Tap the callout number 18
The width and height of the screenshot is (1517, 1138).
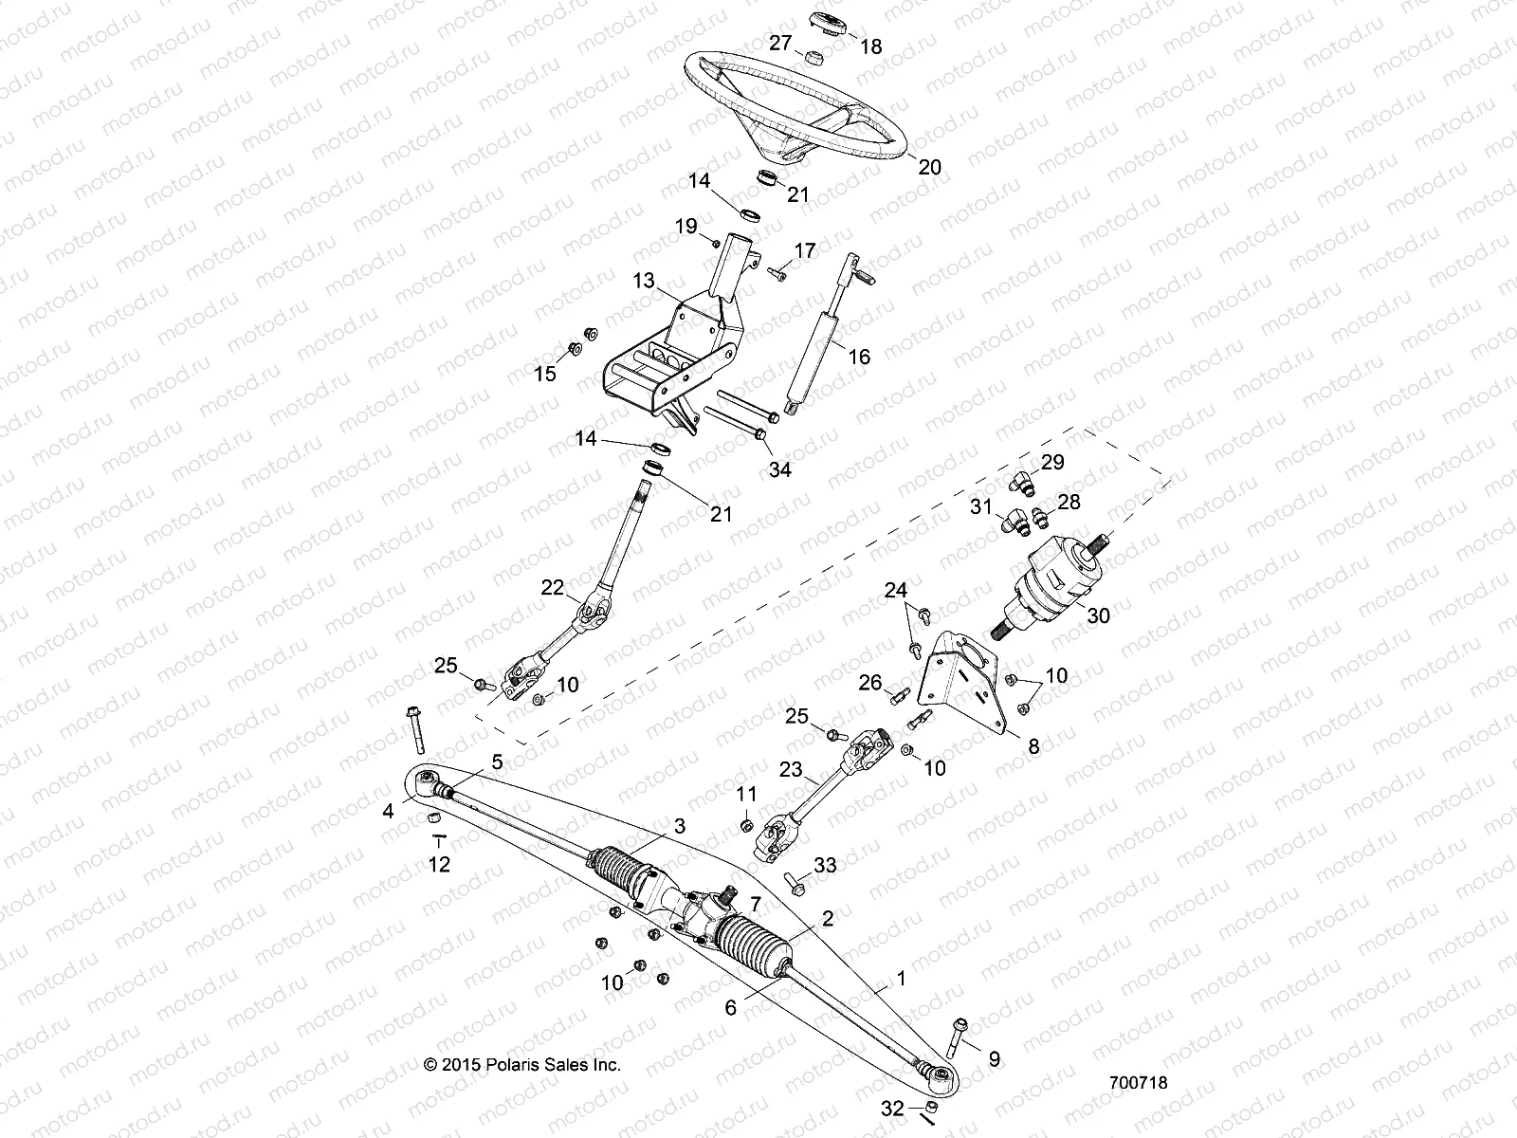870,46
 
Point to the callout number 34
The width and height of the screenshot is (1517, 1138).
780,468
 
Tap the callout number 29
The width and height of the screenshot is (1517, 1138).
1053,463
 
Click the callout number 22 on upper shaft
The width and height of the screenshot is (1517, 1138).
553,588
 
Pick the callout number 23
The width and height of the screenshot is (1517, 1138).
792,771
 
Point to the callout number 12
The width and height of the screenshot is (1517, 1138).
440,864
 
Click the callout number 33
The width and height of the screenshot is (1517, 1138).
826,865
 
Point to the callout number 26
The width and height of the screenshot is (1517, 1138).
870,682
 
